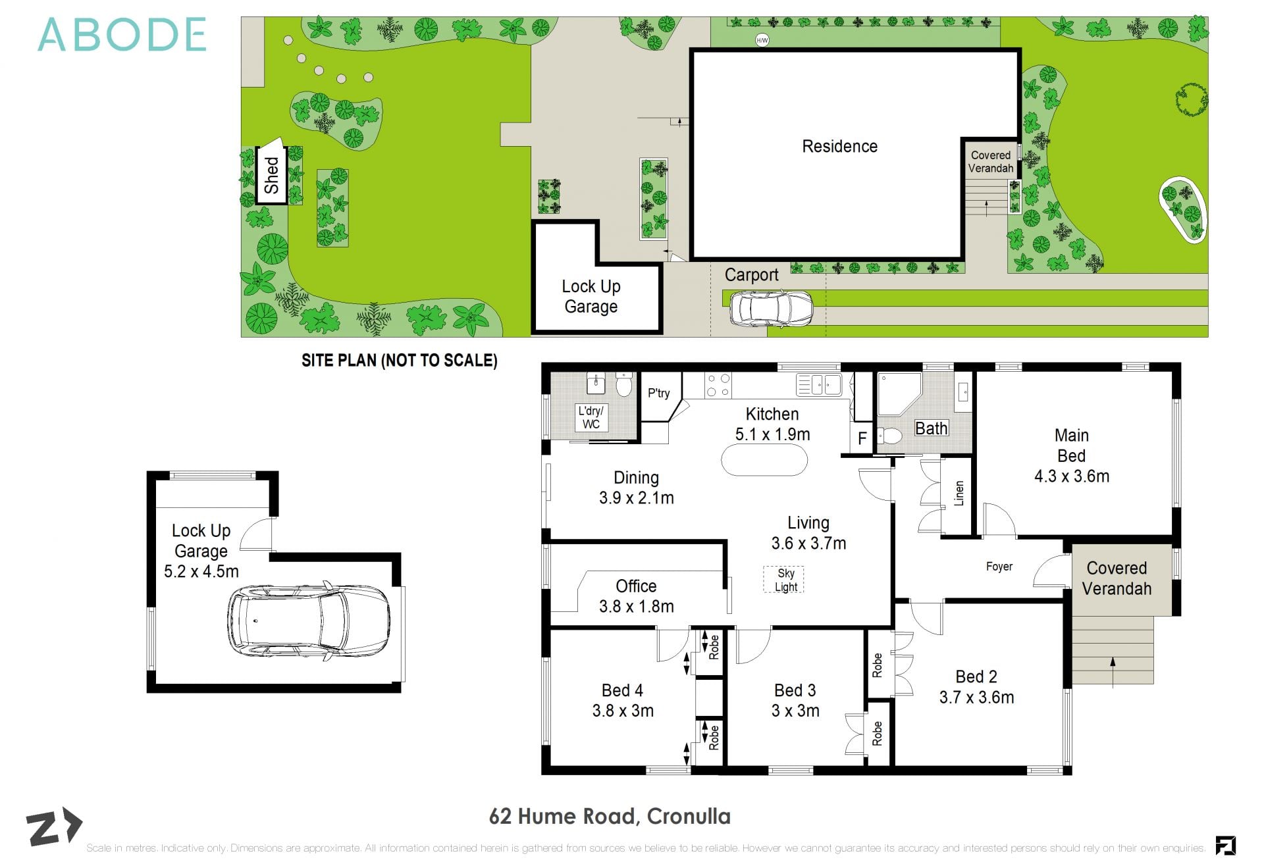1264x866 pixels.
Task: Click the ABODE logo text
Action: (x=122, y=36)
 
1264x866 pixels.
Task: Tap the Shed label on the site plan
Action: (x=271, y=175)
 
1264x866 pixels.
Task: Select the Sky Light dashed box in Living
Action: (x=784, y=580)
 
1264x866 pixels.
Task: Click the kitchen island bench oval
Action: (x=764, y=460)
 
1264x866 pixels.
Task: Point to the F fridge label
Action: (x=862, y=439)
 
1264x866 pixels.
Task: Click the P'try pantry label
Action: (x=658, y=394)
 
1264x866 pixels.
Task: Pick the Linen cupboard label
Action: (x=959, y=493)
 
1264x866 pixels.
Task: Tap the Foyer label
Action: (x=999, y=567)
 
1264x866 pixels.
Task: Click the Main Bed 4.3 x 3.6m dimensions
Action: (x=1071, y=476)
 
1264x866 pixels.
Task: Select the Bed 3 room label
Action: (x=795, y=690)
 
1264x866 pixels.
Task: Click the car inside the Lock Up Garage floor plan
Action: (x=309, y=619)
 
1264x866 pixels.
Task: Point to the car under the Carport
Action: (x=771, y=308)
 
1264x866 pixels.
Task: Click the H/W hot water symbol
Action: (x=762, y=41)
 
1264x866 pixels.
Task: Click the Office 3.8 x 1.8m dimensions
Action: (x=636, y=607)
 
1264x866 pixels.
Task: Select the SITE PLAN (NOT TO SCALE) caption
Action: (x=399, y=361)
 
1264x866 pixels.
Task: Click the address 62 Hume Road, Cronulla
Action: (x=610, y=817)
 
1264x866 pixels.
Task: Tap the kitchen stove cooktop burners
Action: (x=718, y=386)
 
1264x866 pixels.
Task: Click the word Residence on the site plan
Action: (x=839, y=146)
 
